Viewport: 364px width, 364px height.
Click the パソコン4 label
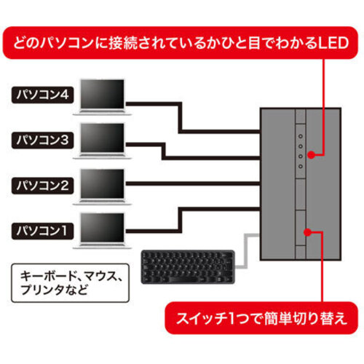click(x=42, y=95)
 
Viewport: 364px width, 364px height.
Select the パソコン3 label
click(x=42, y=141)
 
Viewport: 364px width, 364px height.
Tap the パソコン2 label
click(x=42, y=186)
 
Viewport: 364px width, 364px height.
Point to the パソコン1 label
click(x=42, y=231)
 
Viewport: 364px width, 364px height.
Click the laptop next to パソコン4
click(x=103, y=97)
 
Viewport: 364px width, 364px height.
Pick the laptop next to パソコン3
click(x=103, y=141)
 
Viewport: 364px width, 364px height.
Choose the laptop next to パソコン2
click(x=103, y=187)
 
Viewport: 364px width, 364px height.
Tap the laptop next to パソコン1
click(x=103, y=231)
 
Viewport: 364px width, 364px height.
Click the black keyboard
click(x=188, y=267)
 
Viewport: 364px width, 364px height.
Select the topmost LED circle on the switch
click(x=301, y=136)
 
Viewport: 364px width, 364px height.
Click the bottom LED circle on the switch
click(x=301, y=167)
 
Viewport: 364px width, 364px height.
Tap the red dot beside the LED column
click(x=312, y=155)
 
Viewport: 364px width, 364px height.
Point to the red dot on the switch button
click(x=307, y=232)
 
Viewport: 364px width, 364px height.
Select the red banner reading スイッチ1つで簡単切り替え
click(x=261, y=318)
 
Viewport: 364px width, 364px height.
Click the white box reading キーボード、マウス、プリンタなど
click(x=70, y=283)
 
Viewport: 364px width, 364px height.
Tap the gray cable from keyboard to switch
click(x=246, y=251)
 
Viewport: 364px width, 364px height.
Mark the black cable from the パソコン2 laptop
click(x=193, y=183)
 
